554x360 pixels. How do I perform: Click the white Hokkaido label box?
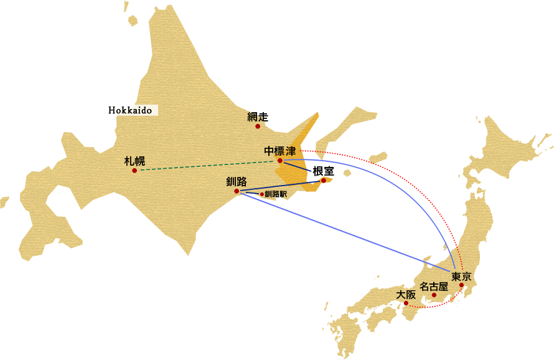[129, 110]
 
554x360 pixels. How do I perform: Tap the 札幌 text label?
[134, 161]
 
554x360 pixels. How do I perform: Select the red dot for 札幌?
[134, 170]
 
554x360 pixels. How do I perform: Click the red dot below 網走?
[258, 126]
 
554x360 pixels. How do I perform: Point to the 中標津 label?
[279, 151]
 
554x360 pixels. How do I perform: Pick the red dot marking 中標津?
[280, 161]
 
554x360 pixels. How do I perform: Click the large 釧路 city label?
[237, 182]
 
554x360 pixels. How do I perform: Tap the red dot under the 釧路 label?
[237, 191]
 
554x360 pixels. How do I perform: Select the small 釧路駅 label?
[276, 194]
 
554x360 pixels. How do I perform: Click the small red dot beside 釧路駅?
[261, 194]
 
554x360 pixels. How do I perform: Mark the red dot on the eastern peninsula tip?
[323, 181]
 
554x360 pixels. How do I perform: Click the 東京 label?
[461, 276]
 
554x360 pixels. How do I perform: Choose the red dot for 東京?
[461, 285]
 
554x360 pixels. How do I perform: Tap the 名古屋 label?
[434, 287]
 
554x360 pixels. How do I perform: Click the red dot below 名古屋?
[434, 295]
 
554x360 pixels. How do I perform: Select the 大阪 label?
[406, 295]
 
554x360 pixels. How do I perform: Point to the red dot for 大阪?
[406, 303]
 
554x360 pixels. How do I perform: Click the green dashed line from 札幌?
[205, 165]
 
